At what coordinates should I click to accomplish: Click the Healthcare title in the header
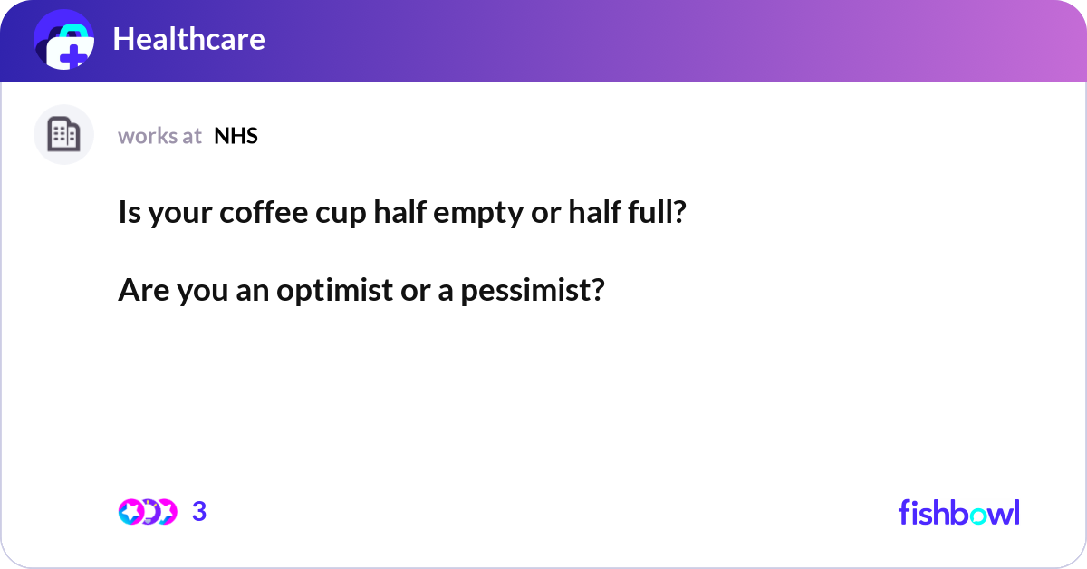click(x=188, y=39)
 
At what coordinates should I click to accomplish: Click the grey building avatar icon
click(x=63, y=135)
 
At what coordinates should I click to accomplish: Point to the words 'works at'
click(x=159, y=136)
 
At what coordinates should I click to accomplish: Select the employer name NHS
click(x=236, y=136)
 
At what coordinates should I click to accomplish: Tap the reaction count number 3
click(x=199, y=512)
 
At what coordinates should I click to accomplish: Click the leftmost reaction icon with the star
click(x=131, y=512)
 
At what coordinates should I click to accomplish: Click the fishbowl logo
click(x=958, y=512)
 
